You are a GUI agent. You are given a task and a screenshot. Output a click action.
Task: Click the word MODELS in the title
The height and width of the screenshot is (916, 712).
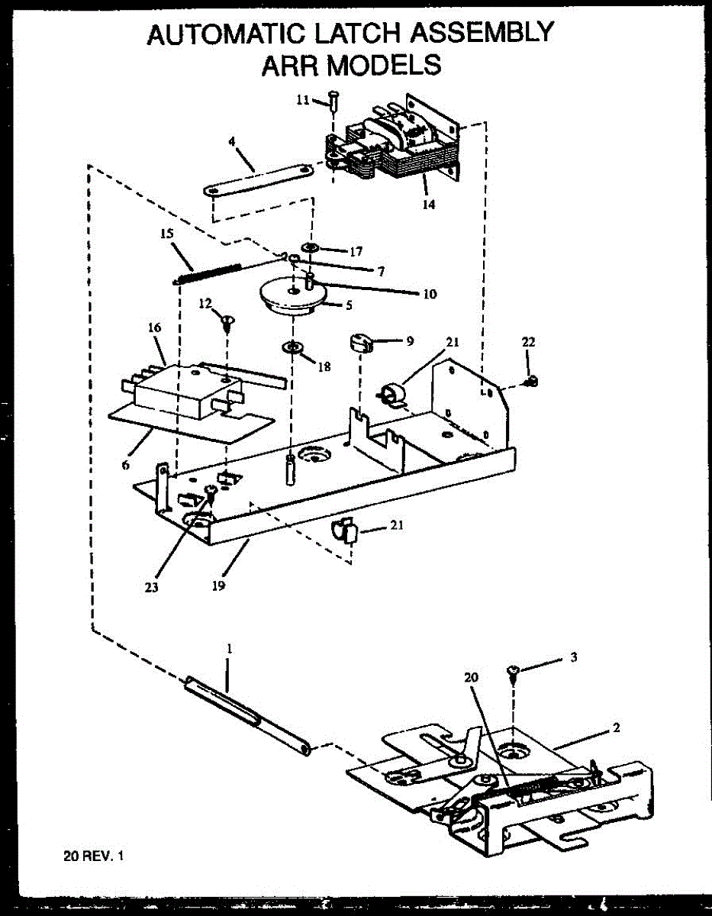(384, 65)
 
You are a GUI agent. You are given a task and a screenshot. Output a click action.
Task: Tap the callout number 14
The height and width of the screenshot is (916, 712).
(429, 205)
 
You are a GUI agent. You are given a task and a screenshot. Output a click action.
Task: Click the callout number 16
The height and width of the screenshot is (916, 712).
(155, 327)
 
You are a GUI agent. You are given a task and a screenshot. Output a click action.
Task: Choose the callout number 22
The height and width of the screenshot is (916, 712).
(528, 343)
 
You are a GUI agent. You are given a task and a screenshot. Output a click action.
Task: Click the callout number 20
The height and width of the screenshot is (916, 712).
(471, 676)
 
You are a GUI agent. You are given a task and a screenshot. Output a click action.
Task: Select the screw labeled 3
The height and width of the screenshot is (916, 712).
(513, 672)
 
